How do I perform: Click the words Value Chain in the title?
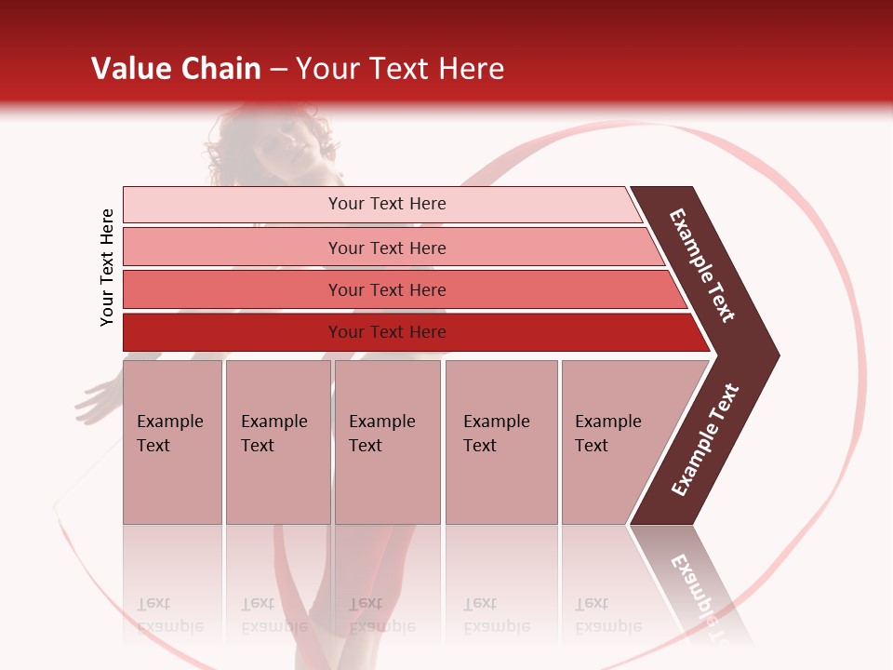[176, 69]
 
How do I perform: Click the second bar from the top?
[386, 248]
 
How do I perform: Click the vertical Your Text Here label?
[107, 267]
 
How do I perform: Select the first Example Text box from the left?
[172, 441]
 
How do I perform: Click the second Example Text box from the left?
[278, 441]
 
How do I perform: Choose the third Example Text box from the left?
[387, 441]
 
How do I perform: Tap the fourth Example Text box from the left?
[501, 441]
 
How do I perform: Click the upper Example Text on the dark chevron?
[702, 265]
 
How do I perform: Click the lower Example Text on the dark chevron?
[705, 440]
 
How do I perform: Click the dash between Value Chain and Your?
[278, 70]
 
